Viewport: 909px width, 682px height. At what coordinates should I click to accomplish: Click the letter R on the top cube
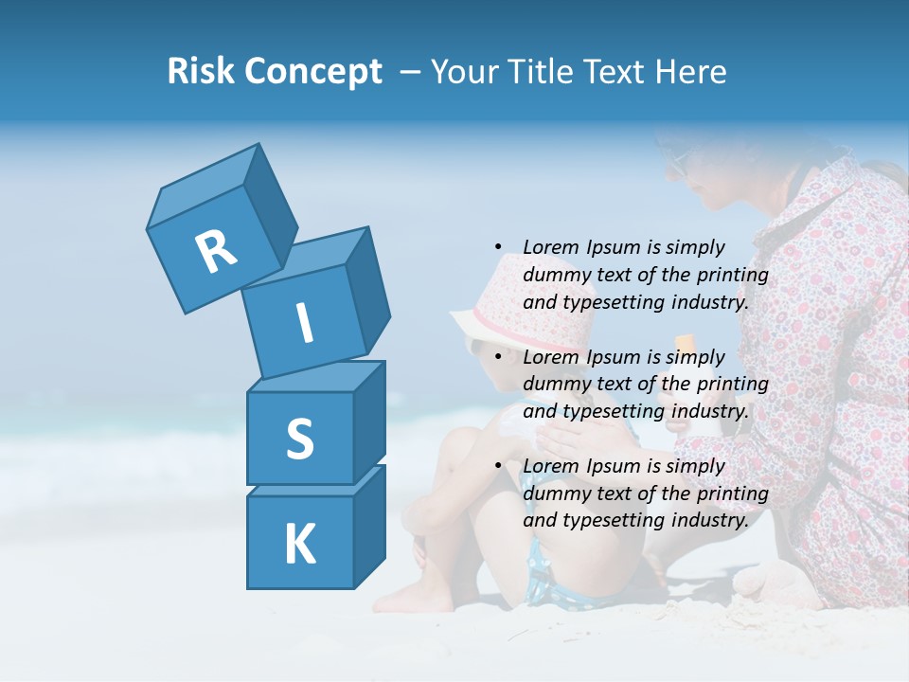coord(216,251)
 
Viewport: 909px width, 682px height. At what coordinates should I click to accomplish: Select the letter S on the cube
coord(299,439)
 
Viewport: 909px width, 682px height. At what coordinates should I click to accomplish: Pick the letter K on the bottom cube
coord(299,545)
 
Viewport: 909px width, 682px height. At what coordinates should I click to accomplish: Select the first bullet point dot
coord(498,247)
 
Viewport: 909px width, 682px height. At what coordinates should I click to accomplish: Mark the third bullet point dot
coord(498,466)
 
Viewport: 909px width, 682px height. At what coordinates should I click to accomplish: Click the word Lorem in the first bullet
coord(550,247)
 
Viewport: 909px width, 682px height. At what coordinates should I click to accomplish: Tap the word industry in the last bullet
coord(709,520)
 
